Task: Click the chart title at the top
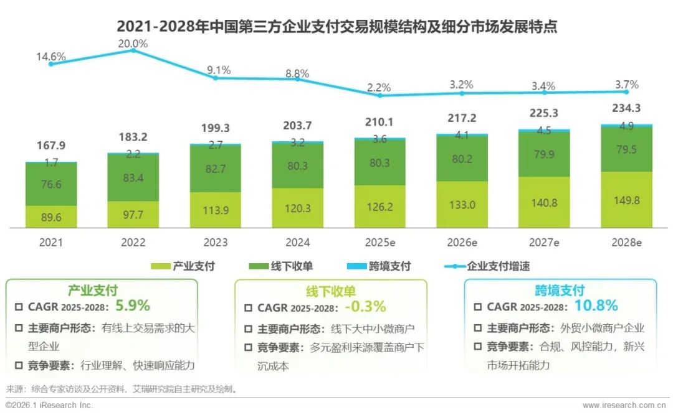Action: (336, 27)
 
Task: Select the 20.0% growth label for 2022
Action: (133, 44)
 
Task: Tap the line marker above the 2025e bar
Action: (379, 95)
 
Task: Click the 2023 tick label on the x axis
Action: (215, 242)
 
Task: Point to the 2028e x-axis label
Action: (626, 242)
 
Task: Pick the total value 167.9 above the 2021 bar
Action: (51, 146)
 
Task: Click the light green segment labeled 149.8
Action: (626, 200)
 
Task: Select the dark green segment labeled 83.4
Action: (133, 178)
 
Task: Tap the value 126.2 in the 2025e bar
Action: (379, 207)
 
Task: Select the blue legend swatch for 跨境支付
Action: (350, 266)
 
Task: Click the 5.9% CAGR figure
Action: (133, 306)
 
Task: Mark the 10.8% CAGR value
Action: (596, 305)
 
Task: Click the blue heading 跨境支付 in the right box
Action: (560, 291)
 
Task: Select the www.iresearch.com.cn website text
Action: (627, 406)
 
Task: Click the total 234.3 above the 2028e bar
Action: (626, 108)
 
